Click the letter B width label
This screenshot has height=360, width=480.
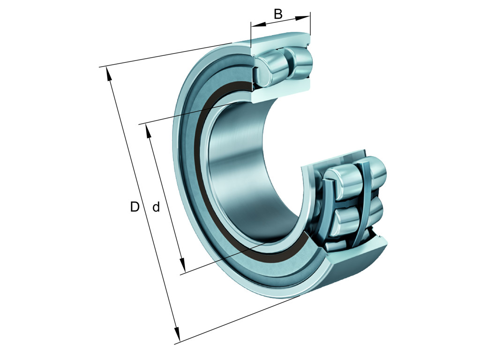[278, 14]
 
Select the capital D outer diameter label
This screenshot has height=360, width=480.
[135, 207]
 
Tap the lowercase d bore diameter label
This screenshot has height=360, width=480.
[156, 207]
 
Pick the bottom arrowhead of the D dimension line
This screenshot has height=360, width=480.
[177, 337]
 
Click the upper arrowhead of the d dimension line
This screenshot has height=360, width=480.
[149, 131]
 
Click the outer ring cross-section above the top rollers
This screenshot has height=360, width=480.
[281, 40]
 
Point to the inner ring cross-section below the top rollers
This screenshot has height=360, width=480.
[281, 91]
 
